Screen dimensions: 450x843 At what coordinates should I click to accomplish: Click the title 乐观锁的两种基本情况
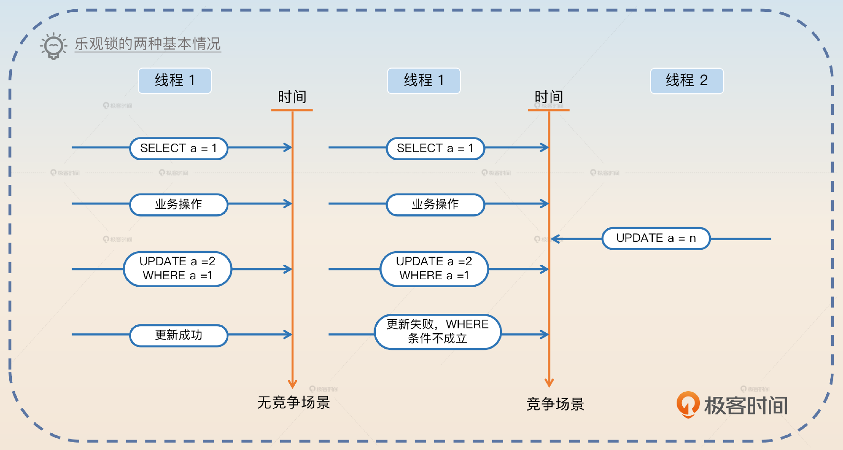click(x=148, y=44)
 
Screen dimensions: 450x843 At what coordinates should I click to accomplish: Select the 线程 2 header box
click(x=686, y=81)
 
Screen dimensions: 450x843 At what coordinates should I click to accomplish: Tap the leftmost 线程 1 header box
click(x=175, y=81)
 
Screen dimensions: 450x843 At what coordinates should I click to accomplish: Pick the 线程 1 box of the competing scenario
click(x=424, y=81)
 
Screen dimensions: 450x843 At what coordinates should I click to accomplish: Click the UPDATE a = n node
click(x=656, y=238)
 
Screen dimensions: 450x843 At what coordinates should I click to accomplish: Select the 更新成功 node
click(x=178, y=335)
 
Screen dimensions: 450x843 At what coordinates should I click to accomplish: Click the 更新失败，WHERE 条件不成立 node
click(x=437, y=331)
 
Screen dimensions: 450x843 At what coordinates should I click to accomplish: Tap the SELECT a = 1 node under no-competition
click(x=178, y=148)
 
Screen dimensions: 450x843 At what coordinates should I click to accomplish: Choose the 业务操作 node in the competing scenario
click(x=435, y=204)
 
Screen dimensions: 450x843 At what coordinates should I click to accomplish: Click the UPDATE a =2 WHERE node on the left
click(x=177, y=269)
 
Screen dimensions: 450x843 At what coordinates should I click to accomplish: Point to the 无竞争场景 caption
click(x=293, y=402)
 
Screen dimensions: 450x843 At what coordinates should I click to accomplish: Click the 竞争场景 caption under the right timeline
click(x=555, y=404)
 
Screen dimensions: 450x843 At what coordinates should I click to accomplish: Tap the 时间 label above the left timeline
click(x=292, y=97)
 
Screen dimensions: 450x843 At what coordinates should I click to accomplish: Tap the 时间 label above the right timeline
click(x=548, y=97)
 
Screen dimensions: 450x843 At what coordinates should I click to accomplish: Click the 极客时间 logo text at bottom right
click(x=746, y=405)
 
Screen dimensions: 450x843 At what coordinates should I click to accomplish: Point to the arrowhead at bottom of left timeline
click(x=292, y=384)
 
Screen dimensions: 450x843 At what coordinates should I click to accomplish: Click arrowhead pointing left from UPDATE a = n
click(x=555, y=239)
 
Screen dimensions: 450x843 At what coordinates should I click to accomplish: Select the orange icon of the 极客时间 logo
click(x=688, y=404)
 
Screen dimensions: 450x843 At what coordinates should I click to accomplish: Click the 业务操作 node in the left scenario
click(x=178, y=204)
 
